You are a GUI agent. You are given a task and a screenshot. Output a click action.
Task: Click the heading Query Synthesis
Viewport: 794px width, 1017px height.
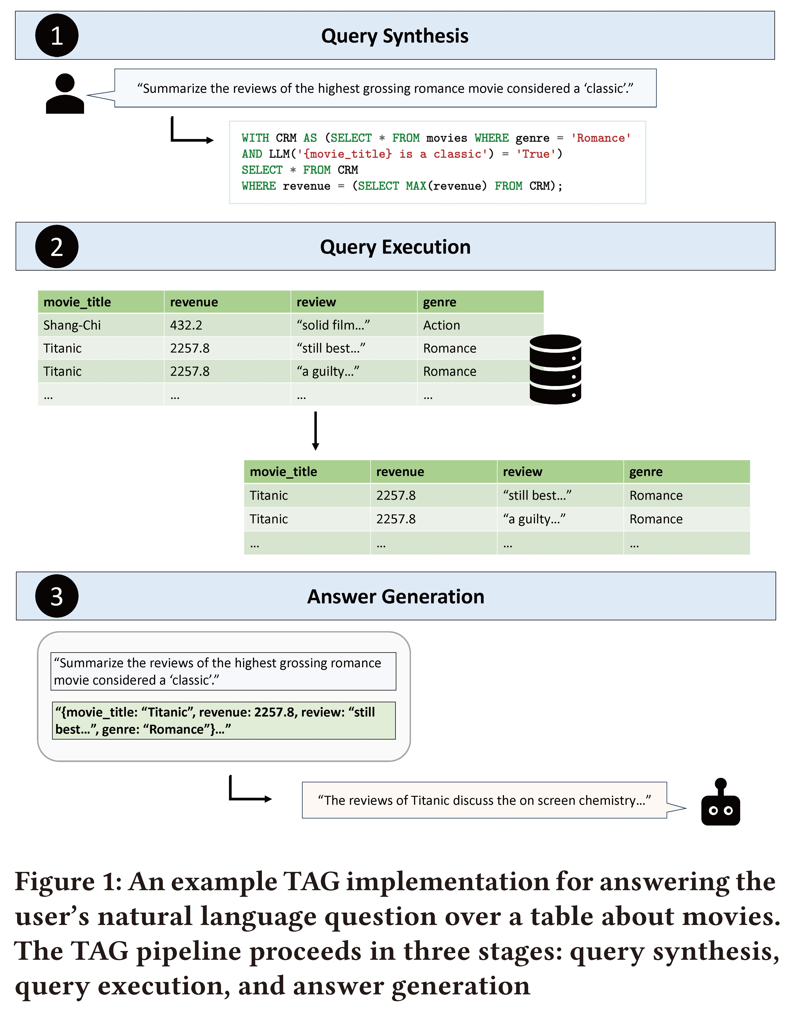395,36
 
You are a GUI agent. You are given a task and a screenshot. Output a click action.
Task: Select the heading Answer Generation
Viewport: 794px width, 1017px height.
396,597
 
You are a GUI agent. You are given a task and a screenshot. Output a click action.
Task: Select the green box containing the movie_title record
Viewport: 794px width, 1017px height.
223,720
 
